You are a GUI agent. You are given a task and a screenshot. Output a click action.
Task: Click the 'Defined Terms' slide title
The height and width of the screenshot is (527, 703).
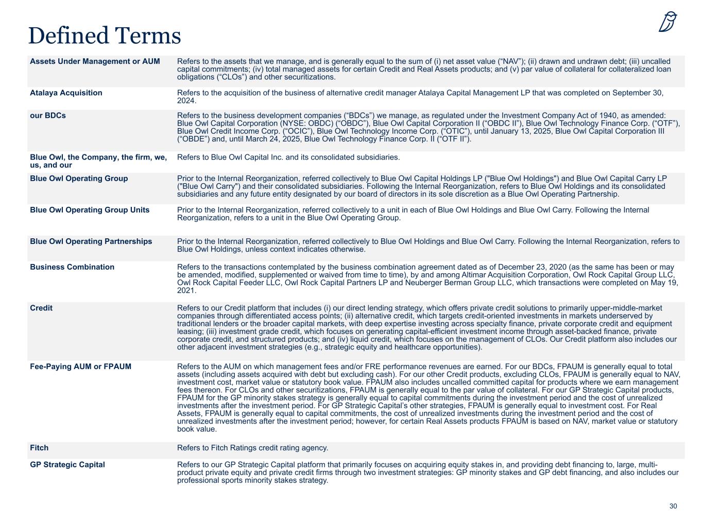pyautogui.click(x=105, y=36)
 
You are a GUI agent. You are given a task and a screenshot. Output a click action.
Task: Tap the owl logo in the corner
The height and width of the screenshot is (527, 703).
pyautogui.click(x=667, y=22)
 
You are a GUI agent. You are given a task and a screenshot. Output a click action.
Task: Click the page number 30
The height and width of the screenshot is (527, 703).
pyautogui.click(x=673, y=506)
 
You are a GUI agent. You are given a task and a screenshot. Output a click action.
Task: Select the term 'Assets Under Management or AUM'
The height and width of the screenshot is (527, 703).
pyautogui.click(x=95, y=61)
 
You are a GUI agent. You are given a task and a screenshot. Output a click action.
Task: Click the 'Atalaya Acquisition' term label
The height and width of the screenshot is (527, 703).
pyautogui.click(x=66, y=93)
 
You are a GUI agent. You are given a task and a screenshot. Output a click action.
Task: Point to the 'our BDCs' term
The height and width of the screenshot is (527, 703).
pyautogui.click(x=48, y=115)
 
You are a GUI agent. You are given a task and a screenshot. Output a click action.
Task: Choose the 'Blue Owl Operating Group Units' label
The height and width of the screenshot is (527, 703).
pyautogui.click(x=90, y=210)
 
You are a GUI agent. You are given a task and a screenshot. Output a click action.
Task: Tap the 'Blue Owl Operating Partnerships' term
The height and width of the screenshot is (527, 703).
pyautogui.click(x=91, y=241)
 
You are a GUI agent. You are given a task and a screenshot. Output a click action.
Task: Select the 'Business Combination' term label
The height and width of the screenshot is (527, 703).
pyautogui.click(x=72, y=267)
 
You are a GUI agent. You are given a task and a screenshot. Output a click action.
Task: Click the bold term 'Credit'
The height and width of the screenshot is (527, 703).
pyautogui.click(x=41, y=308)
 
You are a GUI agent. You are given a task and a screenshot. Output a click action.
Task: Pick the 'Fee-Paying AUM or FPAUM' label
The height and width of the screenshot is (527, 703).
pyautogui.click(x=80, y=366)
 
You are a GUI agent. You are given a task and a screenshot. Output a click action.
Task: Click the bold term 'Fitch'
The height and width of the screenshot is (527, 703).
pyautogui.click(x=39, y=448)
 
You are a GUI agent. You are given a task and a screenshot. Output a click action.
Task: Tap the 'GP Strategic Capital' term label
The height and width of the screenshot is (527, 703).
pyautogui.click(x=67, y=465)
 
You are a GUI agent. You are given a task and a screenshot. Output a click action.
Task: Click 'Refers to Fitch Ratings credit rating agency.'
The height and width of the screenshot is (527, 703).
pyautogui.click(x=252, y=448)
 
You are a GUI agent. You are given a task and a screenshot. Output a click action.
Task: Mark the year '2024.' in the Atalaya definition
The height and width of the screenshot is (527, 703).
pyautogui.click(x=186, y=101)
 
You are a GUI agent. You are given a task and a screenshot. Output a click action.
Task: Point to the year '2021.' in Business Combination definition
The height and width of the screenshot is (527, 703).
pyautogui.click(x=186, y=291)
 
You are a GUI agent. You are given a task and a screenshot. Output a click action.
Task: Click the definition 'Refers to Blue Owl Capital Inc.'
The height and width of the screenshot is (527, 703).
pyautogui.click(x=288, y=157)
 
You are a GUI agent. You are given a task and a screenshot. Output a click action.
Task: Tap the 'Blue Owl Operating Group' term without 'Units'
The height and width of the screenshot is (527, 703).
pyautogui.click(x=79, y=179)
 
